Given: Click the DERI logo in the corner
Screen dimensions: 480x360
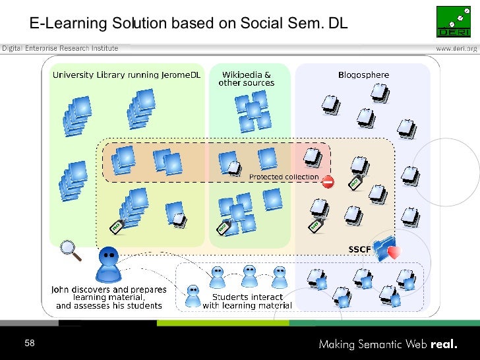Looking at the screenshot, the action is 454,22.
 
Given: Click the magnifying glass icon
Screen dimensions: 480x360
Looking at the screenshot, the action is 70,250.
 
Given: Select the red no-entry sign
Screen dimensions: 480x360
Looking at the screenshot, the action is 328,181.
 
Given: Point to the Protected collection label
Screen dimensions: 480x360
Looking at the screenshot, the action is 284,177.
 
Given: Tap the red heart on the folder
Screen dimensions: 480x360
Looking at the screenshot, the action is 394,251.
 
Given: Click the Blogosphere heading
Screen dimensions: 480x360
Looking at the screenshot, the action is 363,75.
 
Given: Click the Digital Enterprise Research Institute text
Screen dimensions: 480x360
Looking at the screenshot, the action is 59,48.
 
